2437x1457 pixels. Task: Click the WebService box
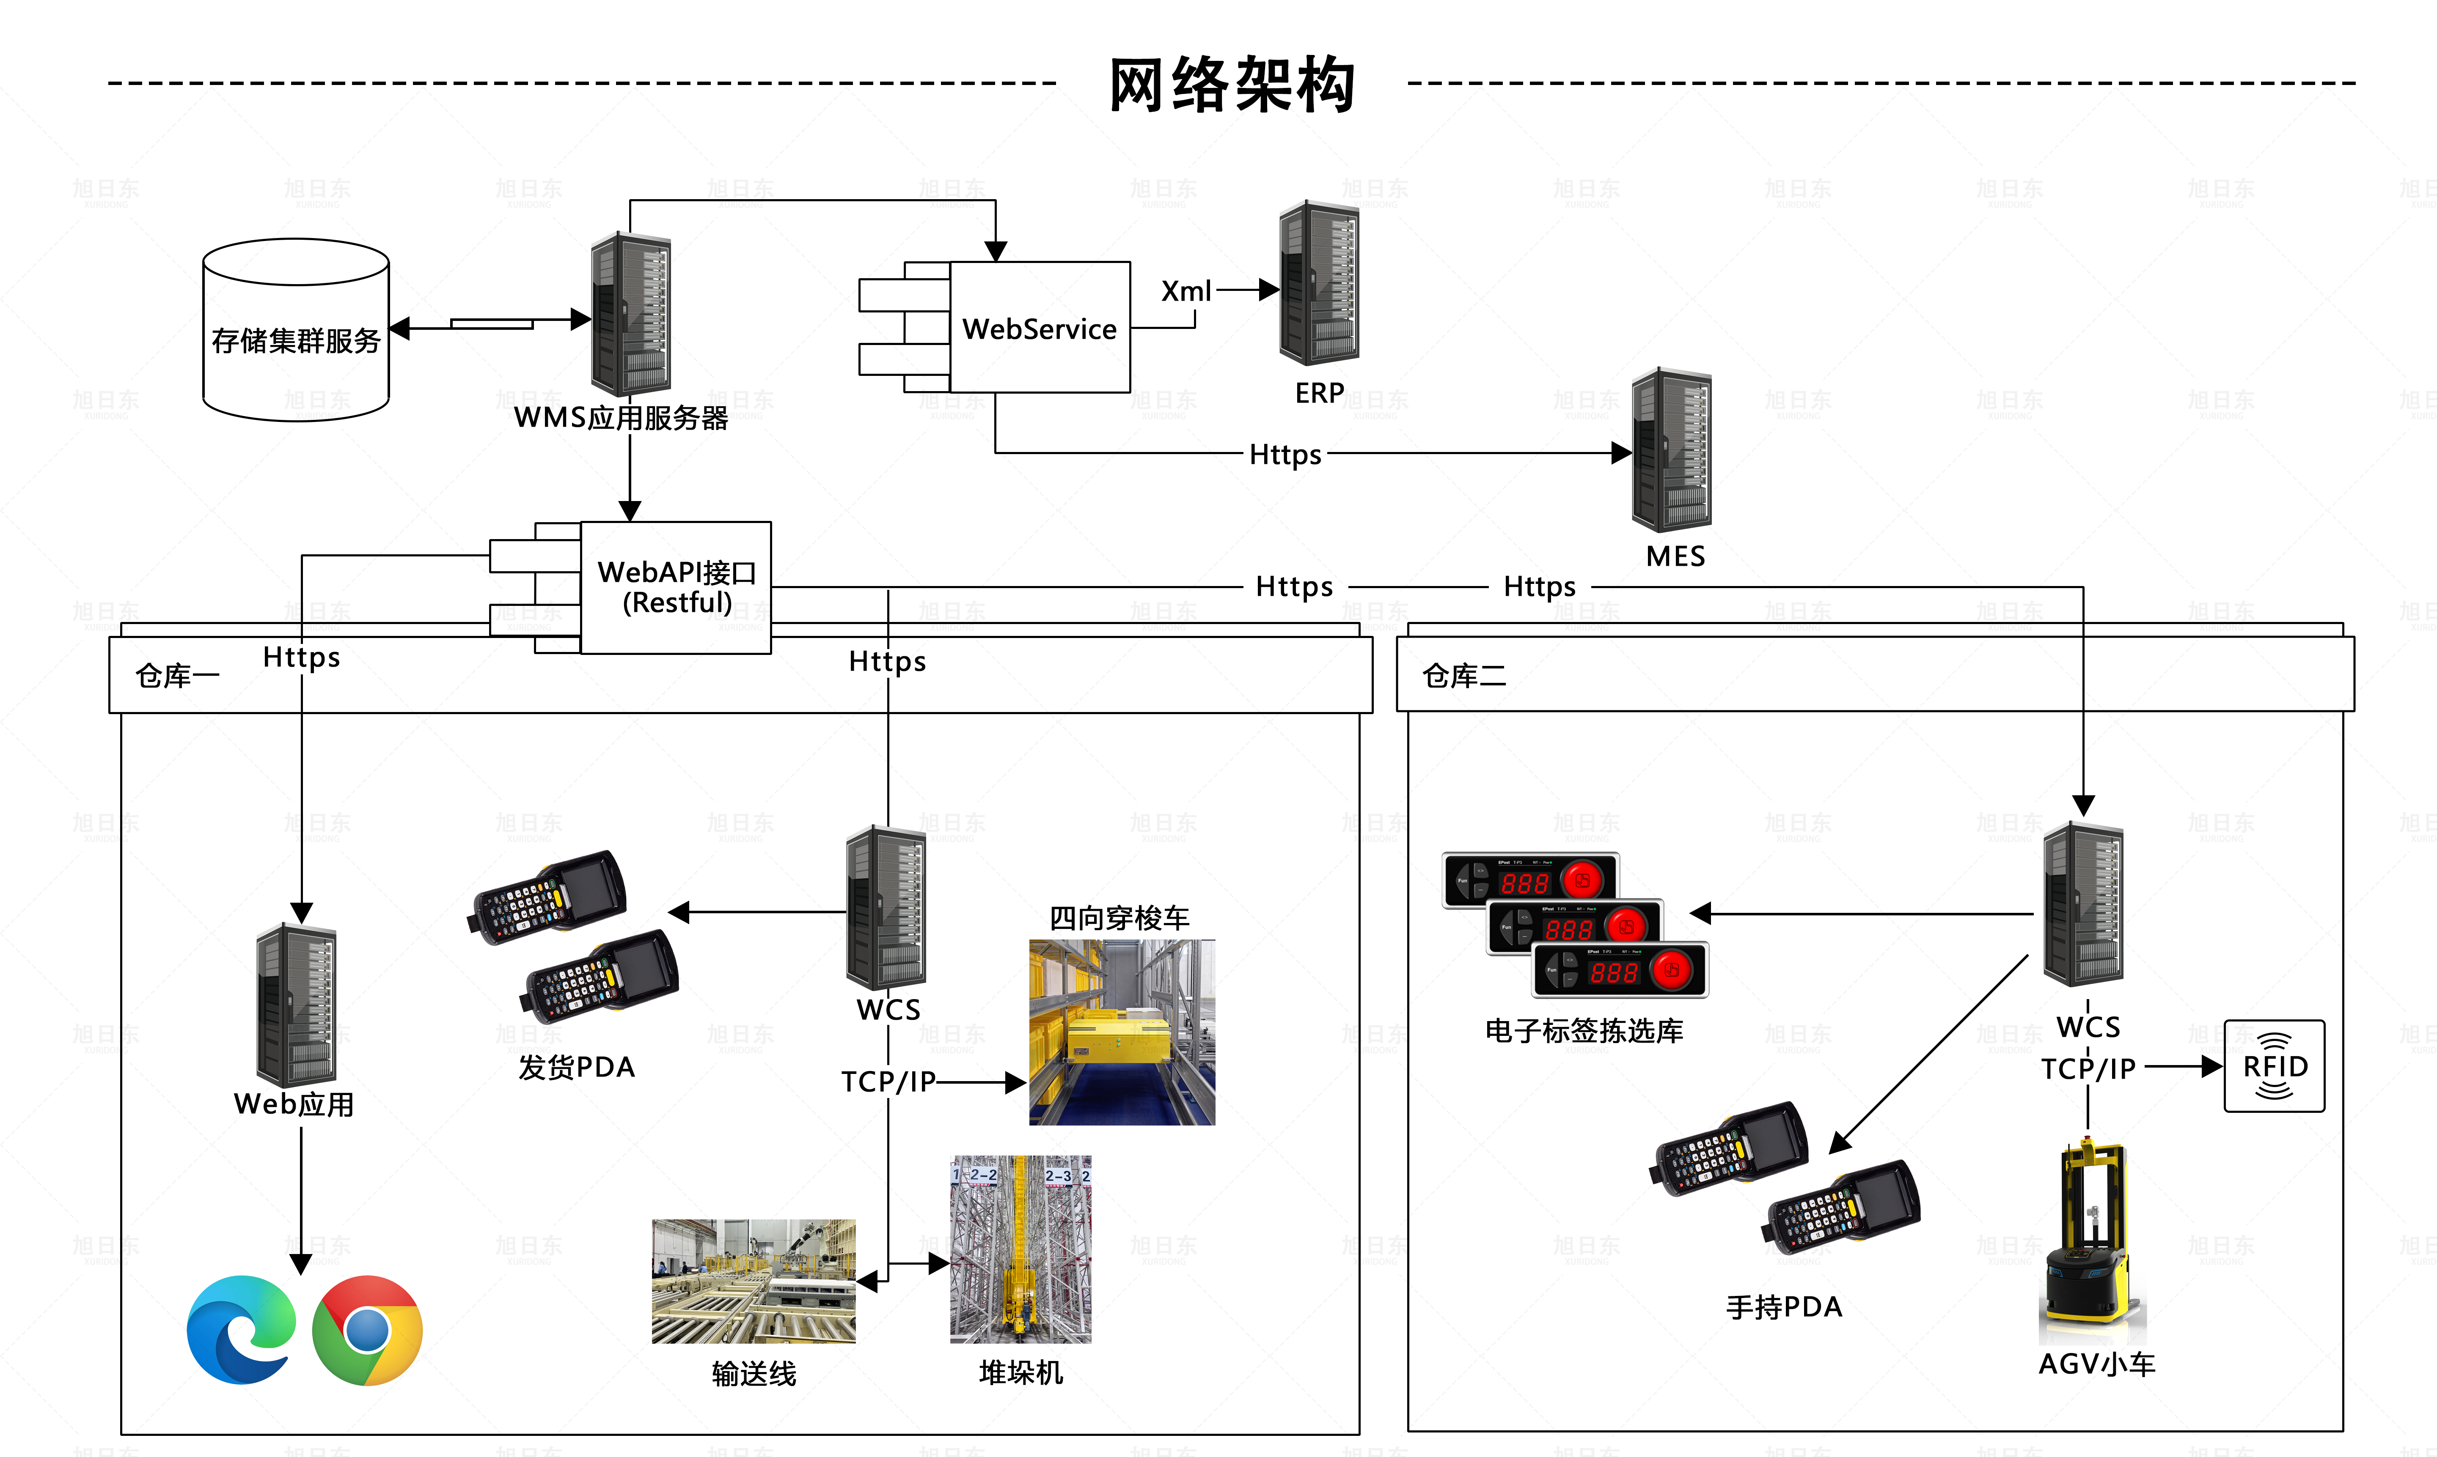click(1039, 328)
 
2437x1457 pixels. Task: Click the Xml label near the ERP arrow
click(1185, 292)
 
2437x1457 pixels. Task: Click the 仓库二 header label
click(1463, 676)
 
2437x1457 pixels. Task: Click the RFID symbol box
click(2274, 1066)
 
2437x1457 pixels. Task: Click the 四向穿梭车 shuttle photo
click(1122, 1032)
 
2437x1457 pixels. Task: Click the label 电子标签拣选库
click(1583, 1031)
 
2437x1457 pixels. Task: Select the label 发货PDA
click(577, 1067)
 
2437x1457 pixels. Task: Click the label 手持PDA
click(1784, 1307)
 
